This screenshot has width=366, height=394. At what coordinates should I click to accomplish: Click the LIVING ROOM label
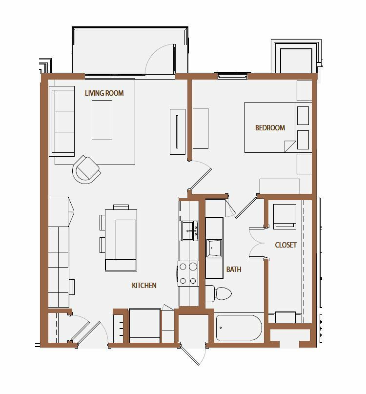[104, 93]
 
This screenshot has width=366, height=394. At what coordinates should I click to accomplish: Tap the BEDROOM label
[270, 128]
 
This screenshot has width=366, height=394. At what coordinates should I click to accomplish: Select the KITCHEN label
[144, 286]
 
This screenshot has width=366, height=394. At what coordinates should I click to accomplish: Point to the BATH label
[234, 270]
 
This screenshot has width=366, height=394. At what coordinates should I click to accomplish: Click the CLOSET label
[285, 245]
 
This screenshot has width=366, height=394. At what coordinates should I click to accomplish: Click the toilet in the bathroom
[218, 293]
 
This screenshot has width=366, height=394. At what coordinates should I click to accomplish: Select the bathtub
[239, 328]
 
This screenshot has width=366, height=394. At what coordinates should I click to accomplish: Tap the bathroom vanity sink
[214, 248]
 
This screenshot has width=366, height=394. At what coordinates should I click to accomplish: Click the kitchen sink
[190, 230]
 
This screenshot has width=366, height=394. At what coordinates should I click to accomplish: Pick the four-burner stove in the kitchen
[188, 273]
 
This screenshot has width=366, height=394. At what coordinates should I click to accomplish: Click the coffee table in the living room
[102, 120]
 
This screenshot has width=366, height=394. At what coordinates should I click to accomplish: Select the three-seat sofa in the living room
[62, 121]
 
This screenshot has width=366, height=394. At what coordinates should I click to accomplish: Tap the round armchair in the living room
[86, 169]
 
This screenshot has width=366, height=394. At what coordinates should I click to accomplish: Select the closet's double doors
[257, 243]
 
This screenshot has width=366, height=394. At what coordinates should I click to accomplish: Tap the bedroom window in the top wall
[232, 75]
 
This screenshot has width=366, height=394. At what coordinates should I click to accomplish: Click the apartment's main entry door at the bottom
[193, 355]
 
